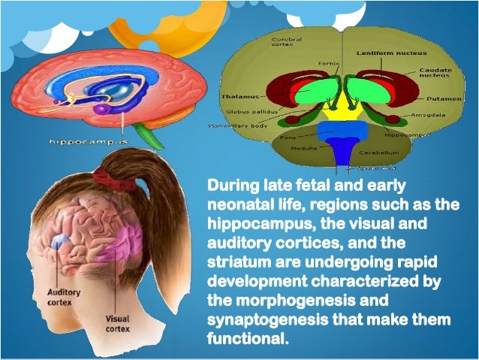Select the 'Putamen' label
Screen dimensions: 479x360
click(x=439, y=98)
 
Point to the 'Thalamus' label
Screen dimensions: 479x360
click(x=239, y=96)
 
